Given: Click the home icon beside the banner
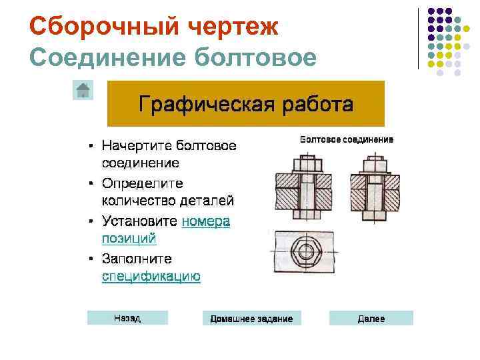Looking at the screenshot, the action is pyautogui.click(x=83, y=90).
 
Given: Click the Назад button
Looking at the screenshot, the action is pyautogui.click(x=127, y=319).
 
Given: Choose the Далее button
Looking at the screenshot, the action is pyautogui.click(x=371, y=319).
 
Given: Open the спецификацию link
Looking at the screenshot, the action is pyautogui.click(x=151, y=277).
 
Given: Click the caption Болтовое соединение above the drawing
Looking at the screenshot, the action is pyautogui.click(x=347, y=140).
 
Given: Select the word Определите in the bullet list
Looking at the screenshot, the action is pyautogui.click(x=143, y=183).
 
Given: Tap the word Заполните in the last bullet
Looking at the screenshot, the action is pyautogui.click(x=137, y=258).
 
